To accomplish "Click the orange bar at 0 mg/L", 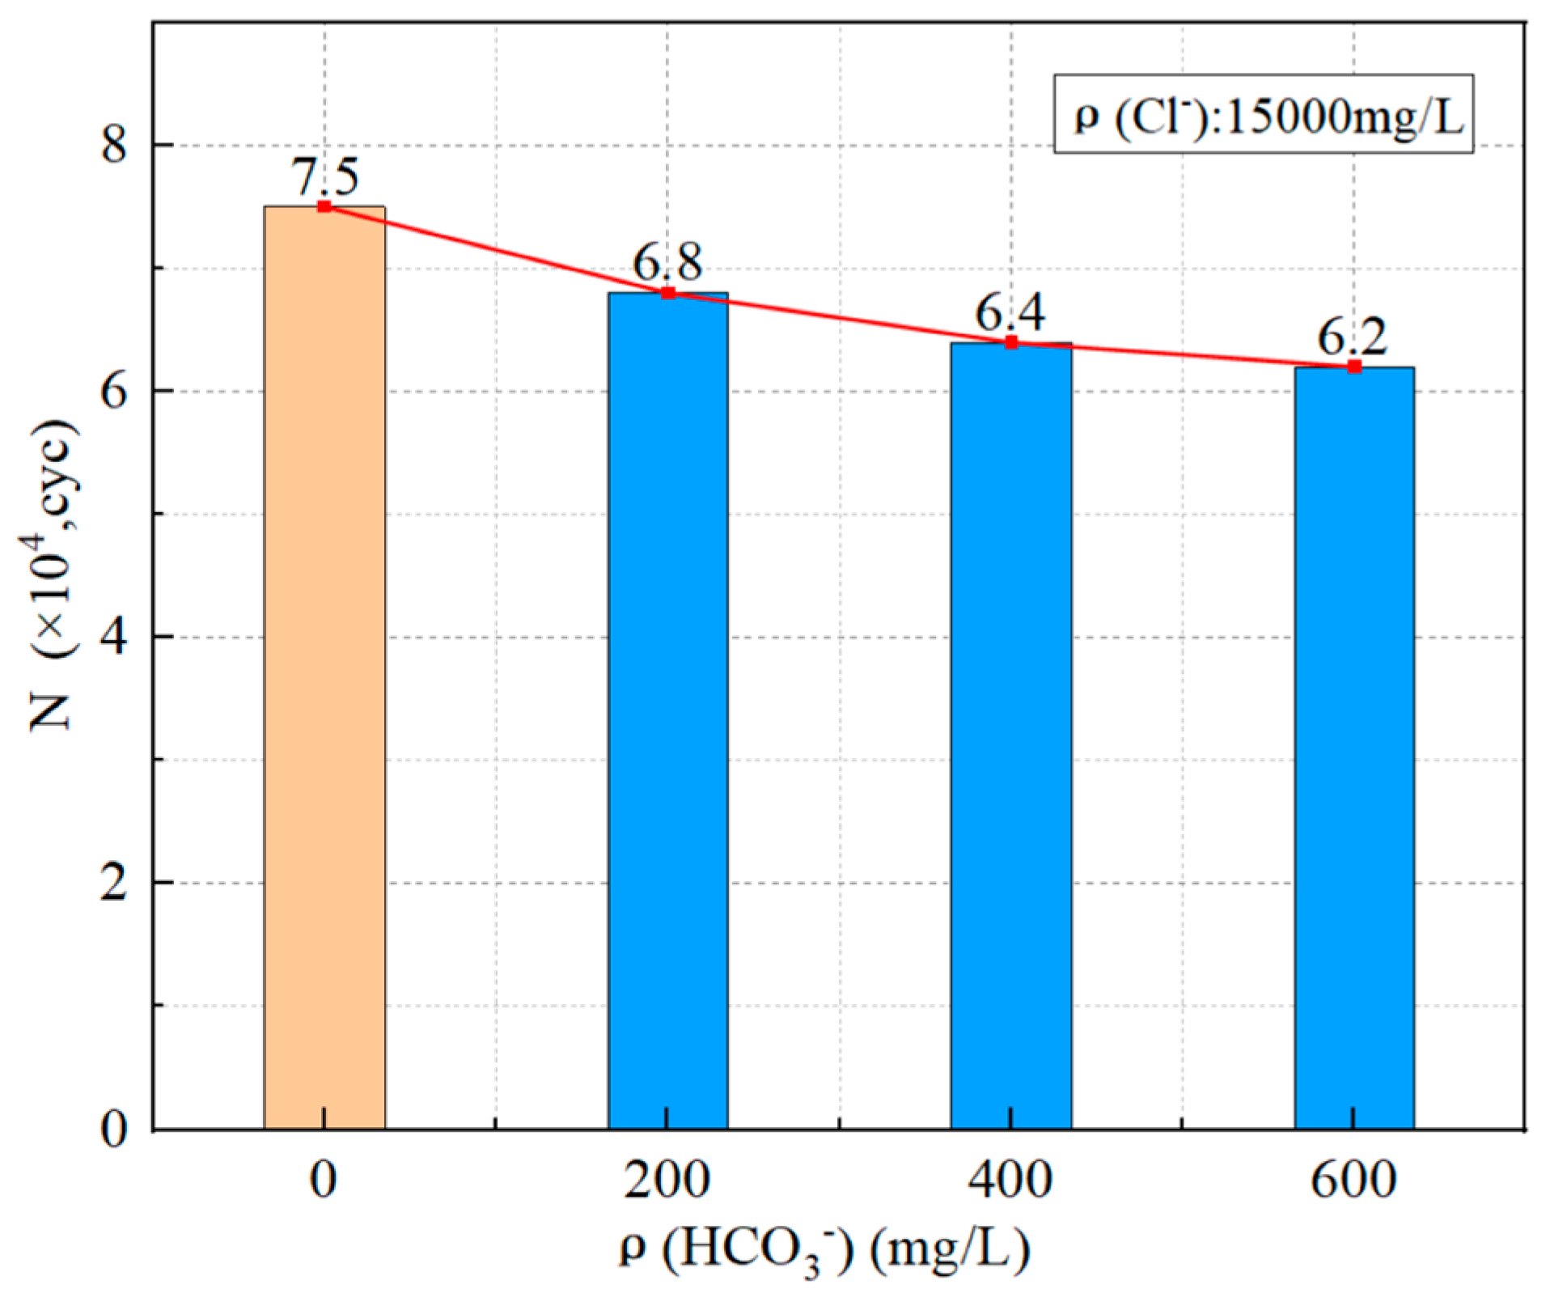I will [324, 668].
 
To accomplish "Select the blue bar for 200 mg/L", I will [667, 712].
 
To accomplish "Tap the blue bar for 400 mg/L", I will [1010, 736].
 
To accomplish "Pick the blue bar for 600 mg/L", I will [1353, 748].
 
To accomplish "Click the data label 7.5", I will [324, 176].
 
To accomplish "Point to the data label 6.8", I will [667, 261].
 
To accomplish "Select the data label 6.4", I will [1010, 312].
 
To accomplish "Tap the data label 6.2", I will [1353, 337].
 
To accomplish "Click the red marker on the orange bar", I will [324, 206].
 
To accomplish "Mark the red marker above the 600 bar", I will [1353, 367].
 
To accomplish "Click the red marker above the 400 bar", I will [1010, 342].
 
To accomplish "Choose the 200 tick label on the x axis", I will [667, 1180].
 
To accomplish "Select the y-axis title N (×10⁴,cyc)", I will [55, 574].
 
